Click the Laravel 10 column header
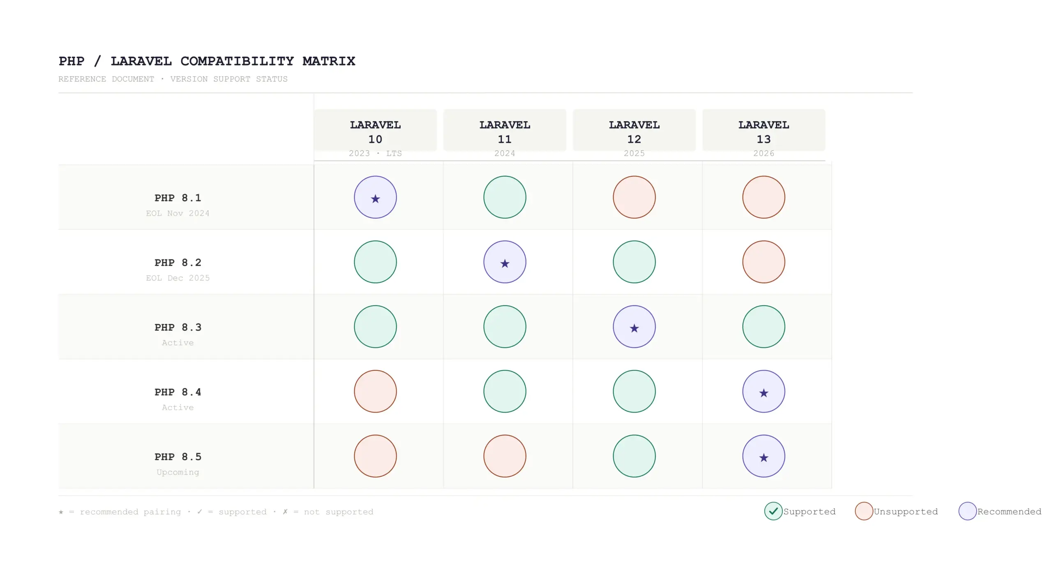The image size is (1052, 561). coord(375,132)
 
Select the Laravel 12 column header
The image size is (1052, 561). coord(634,132)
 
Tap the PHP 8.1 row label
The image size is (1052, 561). coord(178,198)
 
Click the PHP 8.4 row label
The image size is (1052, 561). coord(178,392)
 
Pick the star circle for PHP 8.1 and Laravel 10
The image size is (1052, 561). coord(375,197)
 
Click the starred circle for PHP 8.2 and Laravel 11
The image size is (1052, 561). coord(505,262)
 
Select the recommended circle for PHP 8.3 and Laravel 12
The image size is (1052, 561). coord(634,327)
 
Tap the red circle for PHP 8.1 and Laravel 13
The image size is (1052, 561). coord(764,197)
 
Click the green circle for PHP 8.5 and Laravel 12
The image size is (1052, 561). coord(634,456)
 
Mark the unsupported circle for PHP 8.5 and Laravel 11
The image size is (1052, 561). coord(505,456)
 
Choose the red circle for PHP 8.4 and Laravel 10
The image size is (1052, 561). coord(375,391)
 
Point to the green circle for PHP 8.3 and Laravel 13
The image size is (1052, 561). coord(764,327)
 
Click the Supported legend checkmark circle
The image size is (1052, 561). coord(773,511)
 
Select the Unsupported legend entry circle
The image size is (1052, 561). coord(864,511)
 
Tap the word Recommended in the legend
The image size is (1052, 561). coord(1009,512)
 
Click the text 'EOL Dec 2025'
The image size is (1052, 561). coord(178,278)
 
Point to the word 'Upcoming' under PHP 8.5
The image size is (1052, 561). coord(178,472)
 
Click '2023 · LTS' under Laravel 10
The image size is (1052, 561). coord(375,153)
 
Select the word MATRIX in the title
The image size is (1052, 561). coord(329,61)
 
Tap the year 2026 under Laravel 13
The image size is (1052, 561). coord(764,153)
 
